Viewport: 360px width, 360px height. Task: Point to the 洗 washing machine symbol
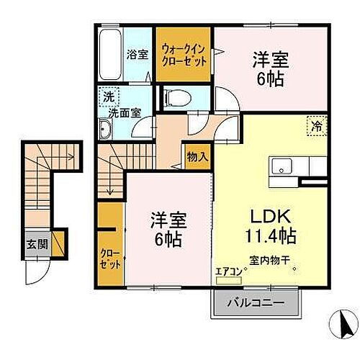click(x=108, y=96)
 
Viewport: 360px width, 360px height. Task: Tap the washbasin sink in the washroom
click(x=106, y=130)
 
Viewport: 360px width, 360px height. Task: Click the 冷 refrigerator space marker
click(x=316, y=127)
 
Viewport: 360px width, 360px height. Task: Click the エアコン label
click(x=228, y=272)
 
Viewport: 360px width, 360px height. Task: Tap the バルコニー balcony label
click(x=253, y=303)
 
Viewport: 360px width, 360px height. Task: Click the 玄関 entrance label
click(x=39, y=244)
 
